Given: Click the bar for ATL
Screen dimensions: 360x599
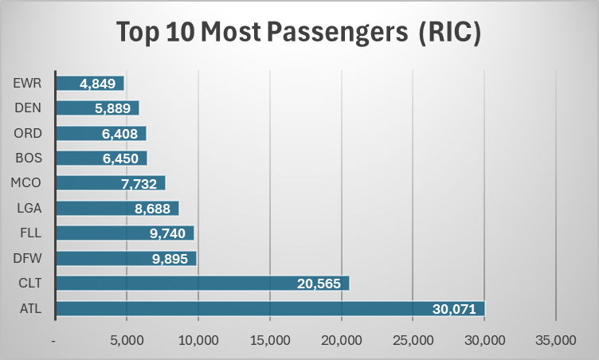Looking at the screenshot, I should [x=270, y=308].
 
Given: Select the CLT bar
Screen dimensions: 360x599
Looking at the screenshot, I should [x=202, y=284].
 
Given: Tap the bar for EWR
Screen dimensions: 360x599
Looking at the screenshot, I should [x=90, y=84].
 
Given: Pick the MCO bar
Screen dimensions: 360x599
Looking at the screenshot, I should [x=110, y=183].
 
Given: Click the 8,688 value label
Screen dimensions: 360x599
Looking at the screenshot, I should [x=153, y=209].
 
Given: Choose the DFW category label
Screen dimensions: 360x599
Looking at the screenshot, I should [x=29, y=258].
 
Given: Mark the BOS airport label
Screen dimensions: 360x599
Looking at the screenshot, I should [x=29, y=158].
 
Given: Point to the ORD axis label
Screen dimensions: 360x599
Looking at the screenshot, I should [x=29, y=134].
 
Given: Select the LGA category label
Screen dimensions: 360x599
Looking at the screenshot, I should [x=29, y=208].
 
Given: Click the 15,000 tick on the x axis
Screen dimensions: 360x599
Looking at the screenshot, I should [x=270, y=340].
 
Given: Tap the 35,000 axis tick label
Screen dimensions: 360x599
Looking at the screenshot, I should [x=555, y=340].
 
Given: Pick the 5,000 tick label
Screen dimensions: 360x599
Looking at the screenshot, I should [x=127, y=340].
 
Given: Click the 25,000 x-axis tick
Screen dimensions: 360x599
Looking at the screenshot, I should [x=413, y=340].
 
